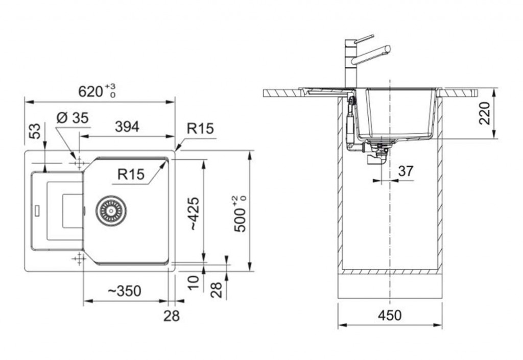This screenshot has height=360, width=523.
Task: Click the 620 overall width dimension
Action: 97,91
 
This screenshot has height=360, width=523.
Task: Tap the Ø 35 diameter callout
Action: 73,117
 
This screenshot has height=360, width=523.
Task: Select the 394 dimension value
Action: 127,127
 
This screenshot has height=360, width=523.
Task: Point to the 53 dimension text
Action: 35,131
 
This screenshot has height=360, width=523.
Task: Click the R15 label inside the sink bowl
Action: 131,174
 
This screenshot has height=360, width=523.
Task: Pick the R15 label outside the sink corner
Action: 200,128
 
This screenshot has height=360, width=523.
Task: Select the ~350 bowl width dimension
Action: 125,291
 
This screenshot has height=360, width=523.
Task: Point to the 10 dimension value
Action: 194,282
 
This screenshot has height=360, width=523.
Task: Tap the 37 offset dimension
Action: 406,171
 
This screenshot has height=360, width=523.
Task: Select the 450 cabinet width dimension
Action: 390,315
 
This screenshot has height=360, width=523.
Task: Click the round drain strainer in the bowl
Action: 111,210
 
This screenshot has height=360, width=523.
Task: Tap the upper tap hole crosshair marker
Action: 79,163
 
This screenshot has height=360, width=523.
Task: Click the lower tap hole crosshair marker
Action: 79,259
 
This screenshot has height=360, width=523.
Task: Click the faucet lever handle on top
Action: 364,38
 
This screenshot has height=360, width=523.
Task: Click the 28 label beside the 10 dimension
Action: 217,290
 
